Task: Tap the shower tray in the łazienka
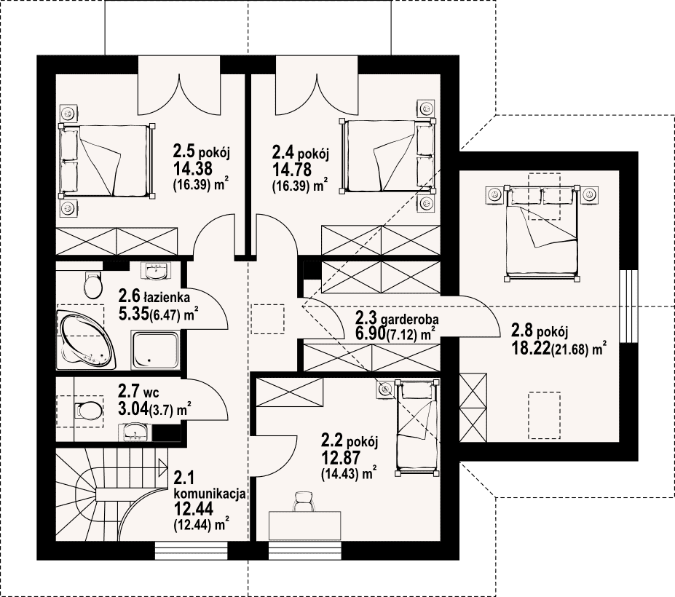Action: point(155,350)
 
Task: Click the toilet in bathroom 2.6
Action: point(92,285)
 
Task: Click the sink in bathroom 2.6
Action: point(156,271)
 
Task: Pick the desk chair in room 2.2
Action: point(305,501)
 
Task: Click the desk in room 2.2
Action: point(305,525)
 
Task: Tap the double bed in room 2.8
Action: point(542,233)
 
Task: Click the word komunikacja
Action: point(210,494)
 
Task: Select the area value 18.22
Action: point(531,348)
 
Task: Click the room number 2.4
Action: point(283,152)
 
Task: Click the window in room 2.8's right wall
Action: point(628,307)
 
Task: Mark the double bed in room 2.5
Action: point(107,162)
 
